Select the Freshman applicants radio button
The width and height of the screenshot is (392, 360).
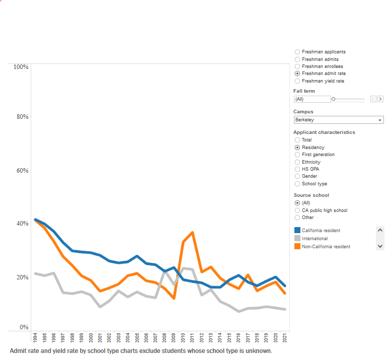(297, 52)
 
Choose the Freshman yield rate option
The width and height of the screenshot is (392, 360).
(297, 81)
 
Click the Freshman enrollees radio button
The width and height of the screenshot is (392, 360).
(297, 66)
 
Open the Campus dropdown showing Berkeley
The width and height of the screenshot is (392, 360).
(339, 120)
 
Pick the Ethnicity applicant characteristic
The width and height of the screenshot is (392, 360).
(297, 162)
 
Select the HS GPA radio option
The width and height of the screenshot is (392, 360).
(297, 169)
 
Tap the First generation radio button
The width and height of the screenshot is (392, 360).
(297, 155)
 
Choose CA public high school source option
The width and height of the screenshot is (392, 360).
(297, 210)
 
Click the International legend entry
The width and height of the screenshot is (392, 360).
(315, 239)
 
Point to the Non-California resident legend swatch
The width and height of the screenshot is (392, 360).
(297, 246)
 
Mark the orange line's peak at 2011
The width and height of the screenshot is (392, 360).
(192, 233)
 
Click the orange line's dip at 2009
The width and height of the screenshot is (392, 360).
(174, 298)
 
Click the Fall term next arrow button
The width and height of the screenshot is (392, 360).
(380, 99)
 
